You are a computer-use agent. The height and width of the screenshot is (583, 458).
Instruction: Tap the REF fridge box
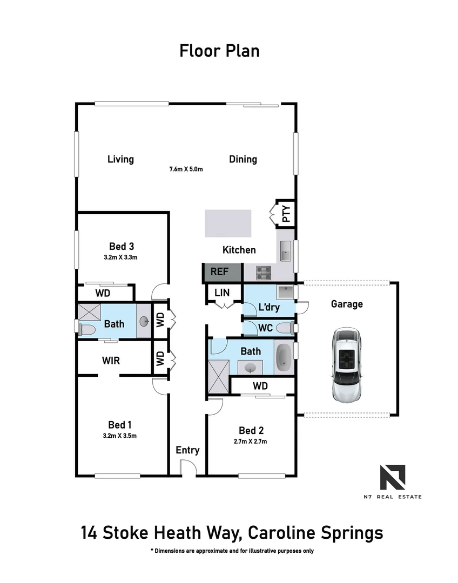point(219,272)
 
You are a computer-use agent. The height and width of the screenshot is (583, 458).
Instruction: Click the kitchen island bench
point(227,223)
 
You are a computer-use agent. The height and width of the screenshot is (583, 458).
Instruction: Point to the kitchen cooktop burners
point(264,273)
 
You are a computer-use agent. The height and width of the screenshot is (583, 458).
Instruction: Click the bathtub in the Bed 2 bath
point(284,358)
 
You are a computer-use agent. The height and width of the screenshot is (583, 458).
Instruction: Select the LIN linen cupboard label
point(222,293)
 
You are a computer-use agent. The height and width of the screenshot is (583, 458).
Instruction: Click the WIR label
point(110,360)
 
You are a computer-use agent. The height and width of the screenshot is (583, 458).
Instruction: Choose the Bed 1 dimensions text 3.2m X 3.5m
point(120,436)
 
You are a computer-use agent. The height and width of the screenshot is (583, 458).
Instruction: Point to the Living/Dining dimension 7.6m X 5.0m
point(186,169)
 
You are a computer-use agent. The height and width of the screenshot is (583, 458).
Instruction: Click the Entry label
point(187,450)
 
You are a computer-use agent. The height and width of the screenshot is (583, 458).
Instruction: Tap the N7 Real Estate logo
point(393,477)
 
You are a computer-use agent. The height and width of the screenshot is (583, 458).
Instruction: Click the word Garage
point(347,304)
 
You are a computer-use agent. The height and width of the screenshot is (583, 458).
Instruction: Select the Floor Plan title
point(219,51)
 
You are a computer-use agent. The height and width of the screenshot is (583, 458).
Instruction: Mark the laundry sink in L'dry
point(284,293)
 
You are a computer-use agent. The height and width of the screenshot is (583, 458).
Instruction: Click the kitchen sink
point(285,250)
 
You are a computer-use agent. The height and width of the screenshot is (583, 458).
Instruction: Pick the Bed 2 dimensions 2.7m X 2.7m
point(251,442)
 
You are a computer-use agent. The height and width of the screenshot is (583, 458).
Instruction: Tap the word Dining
point(243,159)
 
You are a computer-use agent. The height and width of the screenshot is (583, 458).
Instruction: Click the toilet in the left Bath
point(86,329)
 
